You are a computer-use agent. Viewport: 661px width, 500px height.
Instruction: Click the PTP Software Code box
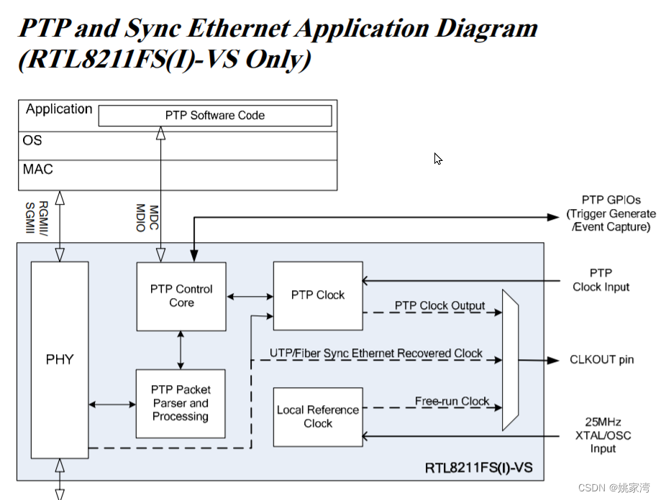coord(214,116)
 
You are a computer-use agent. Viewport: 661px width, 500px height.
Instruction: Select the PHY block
coord(60,359)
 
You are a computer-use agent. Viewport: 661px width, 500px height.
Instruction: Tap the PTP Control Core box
coord(181,296)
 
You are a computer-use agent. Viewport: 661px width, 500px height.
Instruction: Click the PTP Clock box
coord(318,295)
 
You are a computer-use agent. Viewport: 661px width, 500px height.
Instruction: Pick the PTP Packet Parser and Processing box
coord(181,403)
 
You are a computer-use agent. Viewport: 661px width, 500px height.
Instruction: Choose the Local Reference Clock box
coord(318,417)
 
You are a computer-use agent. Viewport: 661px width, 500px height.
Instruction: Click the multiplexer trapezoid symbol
coord(509,361)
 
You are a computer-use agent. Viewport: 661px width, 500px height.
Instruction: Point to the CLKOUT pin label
coord(601,359)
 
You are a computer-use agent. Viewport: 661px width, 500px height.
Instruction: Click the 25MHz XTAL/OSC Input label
coord(603,435)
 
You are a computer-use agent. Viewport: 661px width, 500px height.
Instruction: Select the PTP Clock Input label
coord(601,280)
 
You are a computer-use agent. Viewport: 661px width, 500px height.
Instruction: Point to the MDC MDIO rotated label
coord(147,218)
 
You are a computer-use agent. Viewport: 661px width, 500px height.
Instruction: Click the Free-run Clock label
coord(452,402)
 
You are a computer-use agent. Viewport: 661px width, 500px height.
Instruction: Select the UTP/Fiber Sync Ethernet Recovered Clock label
coord(376,353)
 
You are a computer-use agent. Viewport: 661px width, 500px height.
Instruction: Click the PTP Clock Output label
coord(439,306)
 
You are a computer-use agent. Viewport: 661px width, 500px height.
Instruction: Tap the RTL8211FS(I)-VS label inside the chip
coord(479,468)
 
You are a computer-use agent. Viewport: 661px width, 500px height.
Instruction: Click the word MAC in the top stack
coord(37,170)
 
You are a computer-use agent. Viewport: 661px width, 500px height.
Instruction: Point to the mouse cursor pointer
coord(437,159)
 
